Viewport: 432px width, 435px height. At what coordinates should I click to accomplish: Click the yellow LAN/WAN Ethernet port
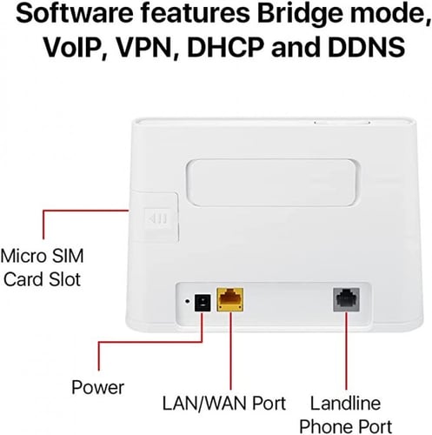[230, 299]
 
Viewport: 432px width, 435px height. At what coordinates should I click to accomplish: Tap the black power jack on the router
[203, 303]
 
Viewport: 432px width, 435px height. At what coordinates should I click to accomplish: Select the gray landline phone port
[346, 299]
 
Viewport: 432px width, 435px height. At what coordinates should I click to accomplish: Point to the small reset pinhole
[188, 301]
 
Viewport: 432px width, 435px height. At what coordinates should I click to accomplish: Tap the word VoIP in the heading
[74, 46]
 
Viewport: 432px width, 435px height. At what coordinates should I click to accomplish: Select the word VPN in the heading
[148, 47]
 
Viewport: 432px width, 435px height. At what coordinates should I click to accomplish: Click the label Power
[97, 387]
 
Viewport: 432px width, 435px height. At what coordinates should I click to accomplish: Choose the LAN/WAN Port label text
[224, 403]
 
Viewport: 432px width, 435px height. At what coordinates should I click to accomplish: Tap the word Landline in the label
[345, 403]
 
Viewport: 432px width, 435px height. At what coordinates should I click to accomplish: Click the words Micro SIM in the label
[43, 256]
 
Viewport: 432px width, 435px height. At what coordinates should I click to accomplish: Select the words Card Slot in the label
[43, 279]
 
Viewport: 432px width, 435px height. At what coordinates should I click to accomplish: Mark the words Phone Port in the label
[345, 426]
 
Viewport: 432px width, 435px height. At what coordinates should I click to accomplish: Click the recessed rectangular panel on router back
[271, 183]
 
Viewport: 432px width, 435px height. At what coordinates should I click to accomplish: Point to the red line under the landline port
[346, 351]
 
